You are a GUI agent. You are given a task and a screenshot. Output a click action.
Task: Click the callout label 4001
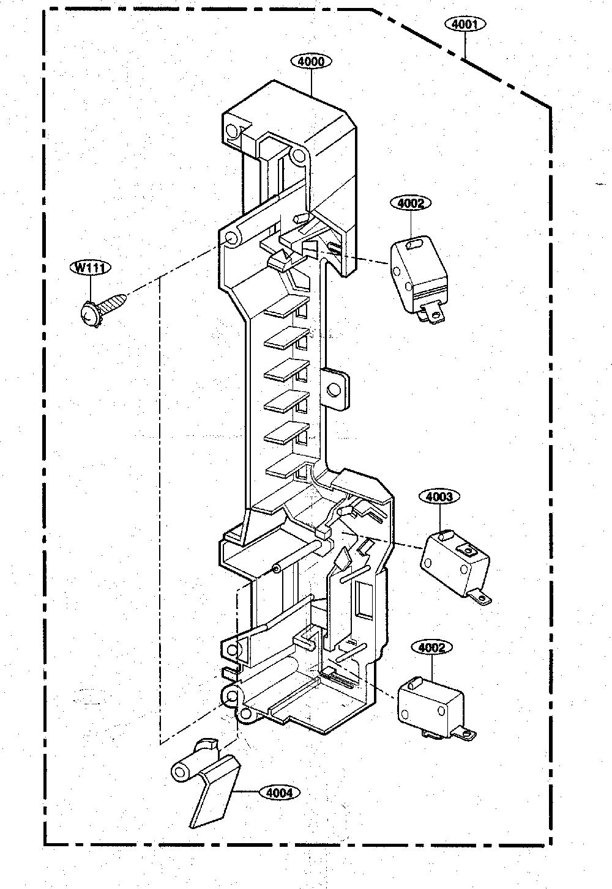[x=465, y=24]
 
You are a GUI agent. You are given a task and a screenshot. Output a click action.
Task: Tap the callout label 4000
[x=311, y=62]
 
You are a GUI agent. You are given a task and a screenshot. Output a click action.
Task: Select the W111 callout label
[x=90, y=267]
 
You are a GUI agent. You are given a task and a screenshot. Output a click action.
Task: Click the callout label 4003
[x=439, y=497]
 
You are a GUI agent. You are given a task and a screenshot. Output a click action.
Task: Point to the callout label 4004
[x=280, y=793]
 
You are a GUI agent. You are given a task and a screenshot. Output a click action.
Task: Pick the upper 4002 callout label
[x=411, y=203]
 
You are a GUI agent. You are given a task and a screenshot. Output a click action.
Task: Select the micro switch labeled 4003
[x=456, y=567]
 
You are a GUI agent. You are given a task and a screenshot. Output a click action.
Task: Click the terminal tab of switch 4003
[x=480, y=597]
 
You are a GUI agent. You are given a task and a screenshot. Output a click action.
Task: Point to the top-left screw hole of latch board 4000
[x=231, y=130]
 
